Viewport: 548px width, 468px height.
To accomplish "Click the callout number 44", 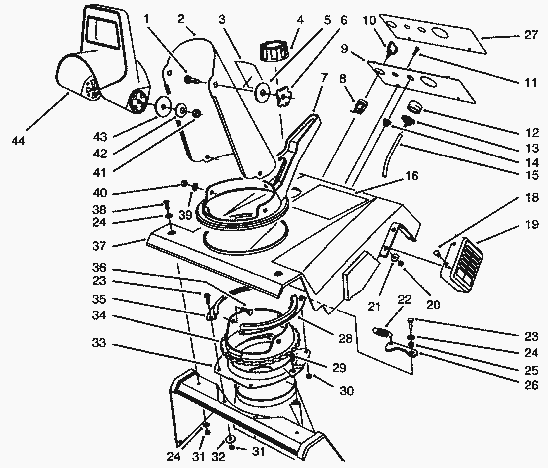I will tap(18, 141).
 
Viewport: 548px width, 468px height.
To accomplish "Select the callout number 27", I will tap(531, 35).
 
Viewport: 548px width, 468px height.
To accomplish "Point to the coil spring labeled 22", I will tap(381, 332).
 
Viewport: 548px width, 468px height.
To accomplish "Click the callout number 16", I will tap(412, 176).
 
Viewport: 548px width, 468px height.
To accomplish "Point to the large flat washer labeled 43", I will tap(162, 106).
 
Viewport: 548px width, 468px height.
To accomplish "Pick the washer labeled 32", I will tap(231, 439).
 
